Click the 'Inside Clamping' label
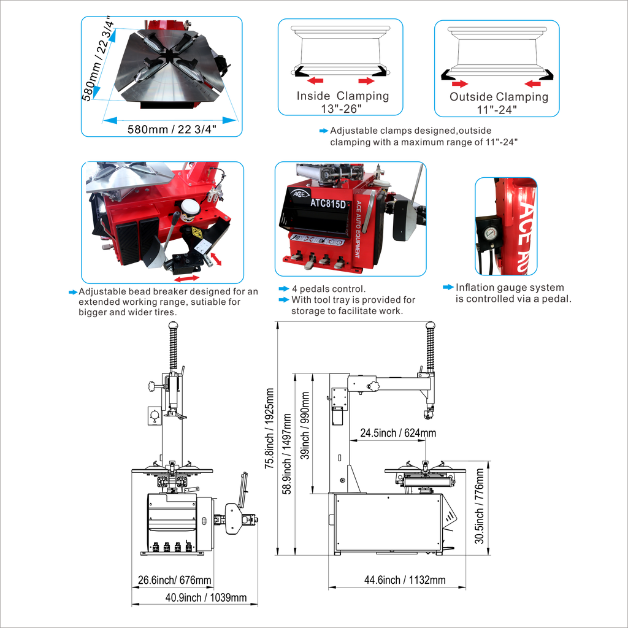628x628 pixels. coord(343,96)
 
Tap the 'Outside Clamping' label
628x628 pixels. coord(499,97)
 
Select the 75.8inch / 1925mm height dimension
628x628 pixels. coord(269,429)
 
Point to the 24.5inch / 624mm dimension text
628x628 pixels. coord(398,433)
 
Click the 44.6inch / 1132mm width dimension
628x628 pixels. coord(405,580)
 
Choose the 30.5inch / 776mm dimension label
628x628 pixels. coord(480,506)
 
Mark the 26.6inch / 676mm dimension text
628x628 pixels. coord(174,580)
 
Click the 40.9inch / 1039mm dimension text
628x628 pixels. coord(206,597)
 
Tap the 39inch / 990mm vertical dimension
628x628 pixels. coord(305,426)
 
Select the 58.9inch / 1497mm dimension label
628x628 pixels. coord(287,454)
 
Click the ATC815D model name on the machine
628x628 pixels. coord(328,204)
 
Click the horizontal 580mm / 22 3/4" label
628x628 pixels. coord(172,129)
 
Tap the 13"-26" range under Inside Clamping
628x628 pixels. coord(341,109)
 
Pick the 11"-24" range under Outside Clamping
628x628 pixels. coord(497,110)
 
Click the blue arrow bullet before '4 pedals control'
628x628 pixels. coord(283,289)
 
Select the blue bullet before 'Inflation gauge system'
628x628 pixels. coord(448,287)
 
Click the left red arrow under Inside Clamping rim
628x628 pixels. coord(315,81)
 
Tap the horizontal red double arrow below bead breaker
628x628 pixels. coord(186,278)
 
